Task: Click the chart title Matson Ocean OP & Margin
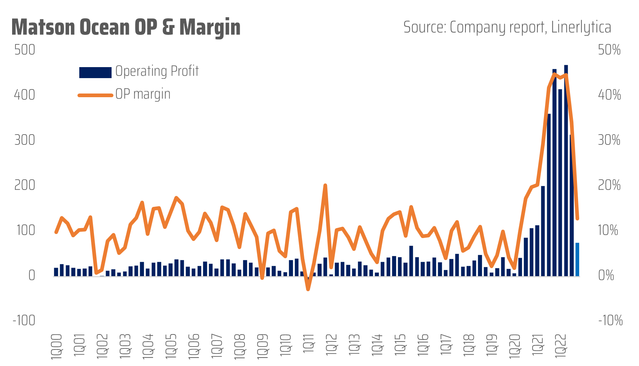[126, 27]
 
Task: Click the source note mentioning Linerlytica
[507, 27]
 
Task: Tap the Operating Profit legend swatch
[95, 72]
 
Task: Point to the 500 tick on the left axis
[25, 50]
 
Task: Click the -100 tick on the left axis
[24, 320]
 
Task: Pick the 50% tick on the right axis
[609, 50]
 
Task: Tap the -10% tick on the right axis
[610, 320]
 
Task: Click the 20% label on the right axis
[609, 185]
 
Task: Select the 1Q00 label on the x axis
[56, 346]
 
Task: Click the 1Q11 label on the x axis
[308, 343]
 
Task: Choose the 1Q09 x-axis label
[262, 346]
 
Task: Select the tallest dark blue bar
[566, 171]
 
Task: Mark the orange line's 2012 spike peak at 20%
[325, 186]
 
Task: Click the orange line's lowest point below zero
[308, 289]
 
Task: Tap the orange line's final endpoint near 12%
[577, 219]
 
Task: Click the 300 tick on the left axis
[25, 140]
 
